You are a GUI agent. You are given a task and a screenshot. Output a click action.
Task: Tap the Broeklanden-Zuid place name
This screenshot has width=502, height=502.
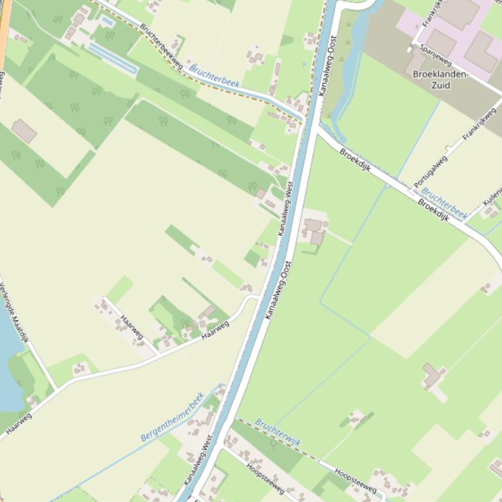[441, 80]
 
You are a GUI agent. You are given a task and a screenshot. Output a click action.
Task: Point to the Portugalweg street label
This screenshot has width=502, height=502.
[431, 171]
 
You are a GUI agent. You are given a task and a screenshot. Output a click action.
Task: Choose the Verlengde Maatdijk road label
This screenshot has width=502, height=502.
[14, 312]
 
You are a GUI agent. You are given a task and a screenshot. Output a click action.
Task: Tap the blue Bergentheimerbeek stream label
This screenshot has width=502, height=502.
[172, 417]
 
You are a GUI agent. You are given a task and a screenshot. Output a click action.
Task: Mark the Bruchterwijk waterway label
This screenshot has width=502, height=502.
[277, 432]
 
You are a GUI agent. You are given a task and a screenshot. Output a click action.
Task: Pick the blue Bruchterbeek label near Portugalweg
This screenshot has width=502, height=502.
[445, 203]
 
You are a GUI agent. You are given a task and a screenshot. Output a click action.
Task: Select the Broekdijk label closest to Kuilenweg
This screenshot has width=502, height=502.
[434, 209]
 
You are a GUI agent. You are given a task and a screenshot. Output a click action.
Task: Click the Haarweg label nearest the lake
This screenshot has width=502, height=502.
[18, 422]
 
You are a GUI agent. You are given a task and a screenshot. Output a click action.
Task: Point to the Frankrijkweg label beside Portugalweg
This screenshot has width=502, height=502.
[479, 125]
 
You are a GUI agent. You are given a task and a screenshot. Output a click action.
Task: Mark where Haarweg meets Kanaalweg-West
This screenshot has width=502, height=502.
[257, 297]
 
